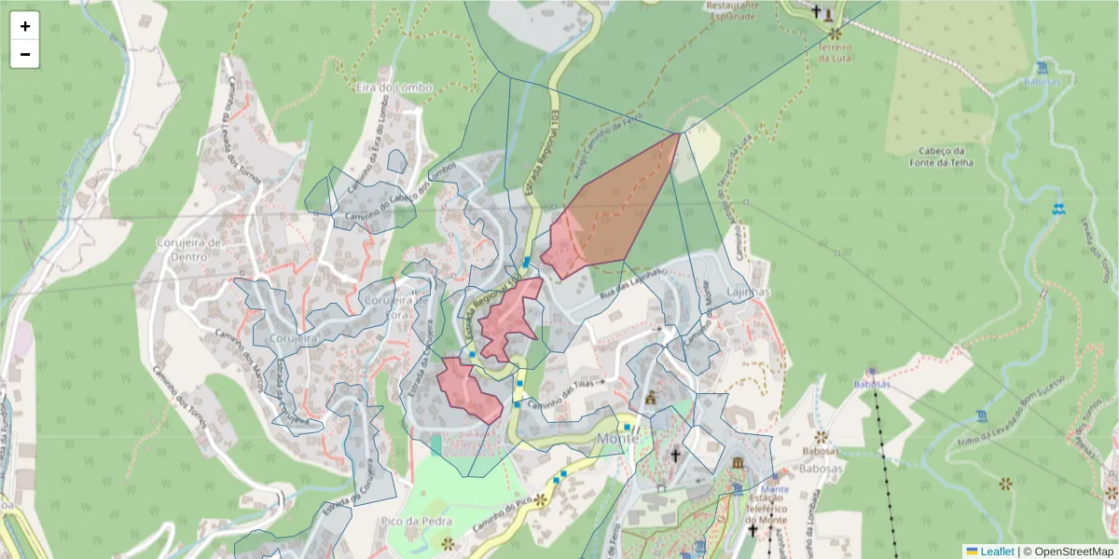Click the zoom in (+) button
[x=25, y=26]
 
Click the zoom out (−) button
[x=25, y=54]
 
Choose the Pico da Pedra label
[x=417, y=522]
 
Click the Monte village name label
[x=617, y=438]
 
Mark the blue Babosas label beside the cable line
[x=872, y=384]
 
